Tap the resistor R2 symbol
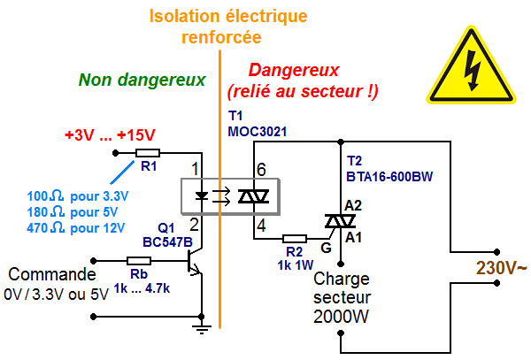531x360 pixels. click(x=294, y=239)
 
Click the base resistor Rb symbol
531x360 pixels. click(x=138, y=261)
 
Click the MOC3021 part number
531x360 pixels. click(x=258, y=132)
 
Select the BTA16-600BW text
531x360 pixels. click(x=389, y=176)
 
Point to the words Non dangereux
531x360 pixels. click(x=142, y=80)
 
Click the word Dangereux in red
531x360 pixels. click(x=294, y=70)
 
